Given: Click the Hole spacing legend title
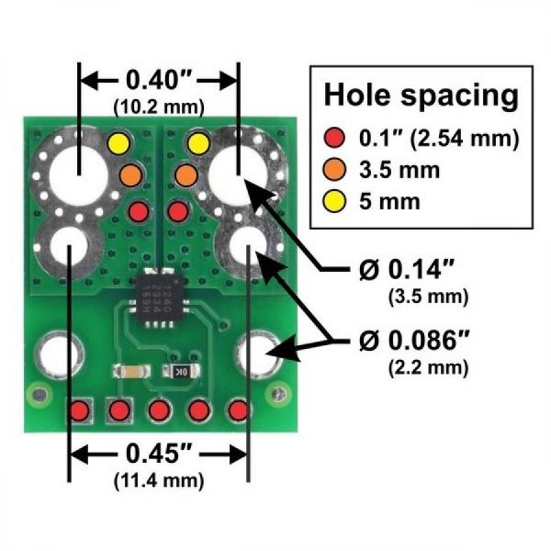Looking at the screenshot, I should pos(422,95).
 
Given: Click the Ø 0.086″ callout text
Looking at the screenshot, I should pos(413,342).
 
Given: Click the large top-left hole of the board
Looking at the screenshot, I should pos(77,174).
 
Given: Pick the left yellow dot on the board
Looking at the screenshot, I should pos(118,144).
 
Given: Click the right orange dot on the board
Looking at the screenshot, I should pos(186,174).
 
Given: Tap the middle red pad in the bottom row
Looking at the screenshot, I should pos(159,410).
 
